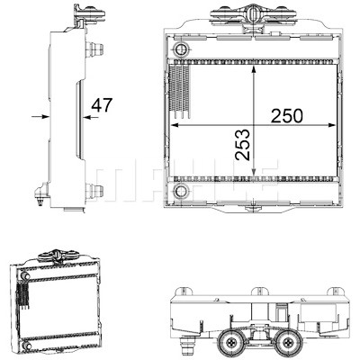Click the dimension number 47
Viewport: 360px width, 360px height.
click(x=102, y=104)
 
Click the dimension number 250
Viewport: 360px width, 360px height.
click(x=287, y=116)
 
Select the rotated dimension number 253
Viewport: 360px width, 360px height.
click(x=243, y=145)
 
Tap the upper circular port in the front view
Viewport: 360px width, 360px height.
click(x=181, y=49)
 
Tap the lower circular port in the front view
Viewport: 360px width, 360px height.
click(x=181, y=191)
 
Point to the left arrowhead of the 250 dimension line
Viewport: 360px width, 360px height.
click(x=175, y=125)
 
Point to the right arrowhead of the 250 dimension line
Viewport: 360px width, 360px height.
click(x=331, y=125)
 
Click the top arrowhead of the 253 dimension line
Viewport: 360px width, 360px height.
click(x=254, y=70)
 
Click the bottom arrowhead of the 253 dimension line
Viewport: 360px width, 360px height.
click(x=254, y=171)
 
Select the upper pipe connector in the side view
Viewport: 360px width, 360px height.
click(x=94, y=49)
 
